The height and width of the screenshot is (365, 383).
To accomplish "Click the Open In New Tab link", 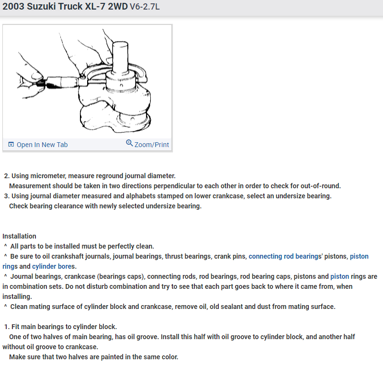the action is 42,145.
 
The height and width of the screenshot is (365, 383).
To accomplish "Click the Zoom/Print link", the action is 152,145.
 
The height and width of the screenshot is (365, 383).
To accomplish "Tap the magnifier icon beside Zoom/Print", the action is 129,143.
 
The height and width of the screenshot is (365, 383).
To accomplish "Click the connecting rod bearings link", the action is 284,256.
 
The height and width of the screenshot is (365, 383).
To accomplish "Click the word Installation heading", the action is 19,236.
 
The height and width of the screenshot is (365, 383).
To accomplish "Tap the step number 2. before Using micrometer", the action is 7,176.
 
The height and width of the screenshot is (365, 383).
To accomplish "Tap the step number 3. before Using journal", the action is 7,196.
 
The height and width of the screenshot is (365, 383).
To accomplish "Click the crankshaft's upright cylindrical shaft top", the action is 119,44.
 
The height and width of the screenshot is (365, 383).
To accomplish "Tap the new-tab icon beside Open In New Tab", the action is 11,145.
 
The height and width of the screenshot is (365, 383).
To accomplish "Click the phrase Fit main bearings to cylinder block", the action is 64,327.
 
